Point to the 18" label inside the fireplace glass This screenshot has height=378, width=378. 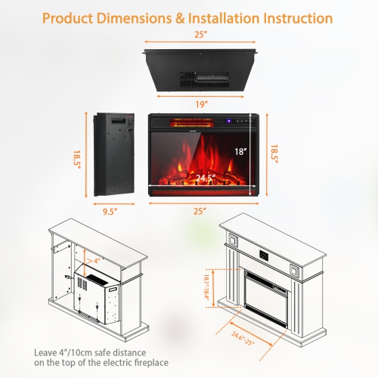coord(240,151)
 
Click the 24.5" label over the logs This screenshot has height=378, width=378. coord(205,178)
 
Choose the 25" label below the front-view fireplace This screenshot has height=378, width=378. coord(200,212)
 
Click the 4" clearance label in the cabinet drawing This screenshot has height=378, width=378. coord(96,261)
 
